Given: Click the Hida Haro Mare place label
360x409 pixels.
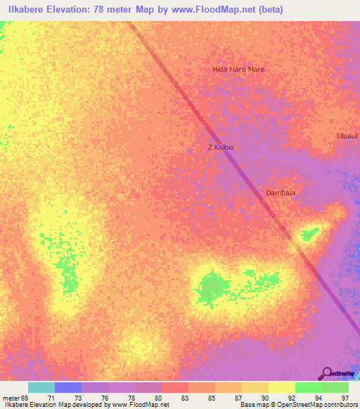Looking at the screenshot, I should click(x=238, y=70).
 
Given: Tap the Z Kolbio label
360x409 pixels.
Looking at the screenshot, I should click(x=220, y=148).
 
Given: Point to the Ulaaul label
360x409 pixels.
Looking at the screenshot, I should click(x=347, y=135).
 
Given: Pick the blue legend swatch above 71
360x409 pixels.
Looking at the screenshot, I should click(x=68, y=387).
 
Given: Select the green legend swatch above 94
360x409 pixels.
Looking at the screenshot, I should click(x=309, y=387).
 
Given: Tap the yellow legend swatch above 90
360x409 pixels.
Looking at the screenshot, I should click(x=282, y=387).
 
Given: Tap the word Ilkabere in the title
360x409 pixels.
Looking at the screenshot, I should click(x=22, y=9).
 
